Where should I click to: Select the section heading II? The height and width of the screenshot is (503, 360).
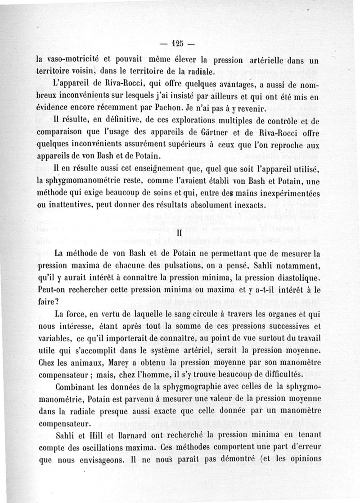179,234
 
